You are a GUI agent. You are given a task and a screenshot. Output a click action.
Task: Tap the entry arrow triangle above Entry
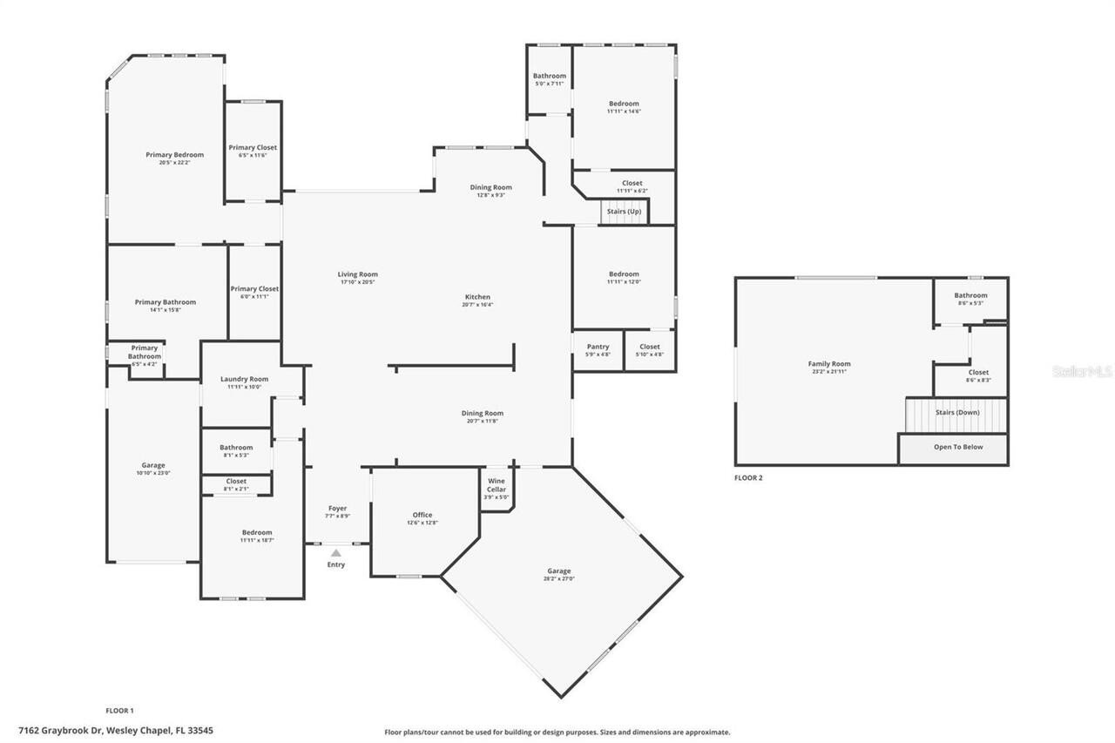point(336,552)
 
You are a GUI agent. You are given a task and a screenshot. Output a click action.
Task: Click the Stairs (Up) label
point(624,211)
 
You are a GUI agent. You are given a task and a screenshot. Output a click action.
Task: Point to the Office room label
point(422,515)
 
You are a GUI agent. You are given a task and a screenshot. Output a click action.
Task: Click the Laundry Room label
point(244,379)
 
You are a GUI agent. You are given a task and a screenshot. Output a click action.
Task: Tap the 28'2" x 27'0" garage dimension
point(559,579)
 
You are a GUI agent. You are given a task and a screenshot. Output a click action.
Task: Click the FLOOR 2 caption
point(748,477)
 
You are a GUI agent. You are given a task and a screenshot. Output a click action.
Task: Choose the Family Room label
point(829,364)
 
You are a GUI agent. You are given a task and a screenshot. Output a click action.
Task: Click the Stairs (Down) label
point(957,412)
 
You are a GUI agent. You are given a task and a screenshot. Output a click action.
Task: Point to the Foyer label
point(337,508)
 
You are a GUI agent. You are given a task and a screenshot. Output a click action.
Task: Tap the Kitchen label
point(477,297)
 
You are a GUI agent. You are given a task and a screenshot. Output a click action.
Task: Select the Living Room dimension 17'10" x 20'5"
point(357,282)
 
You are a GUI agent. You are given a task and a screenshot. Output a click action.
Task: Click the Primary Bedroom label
point(174,155)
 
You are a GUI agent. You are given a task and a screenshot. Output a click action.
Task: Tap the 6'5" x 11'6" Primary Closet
point(253,152)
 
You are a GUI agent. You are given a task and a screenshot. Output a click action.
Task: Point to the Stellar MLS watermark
point(1082,371)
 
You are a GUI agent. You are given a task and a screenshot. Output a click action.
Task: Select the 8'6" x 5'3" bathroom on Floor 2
point(970,299)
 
